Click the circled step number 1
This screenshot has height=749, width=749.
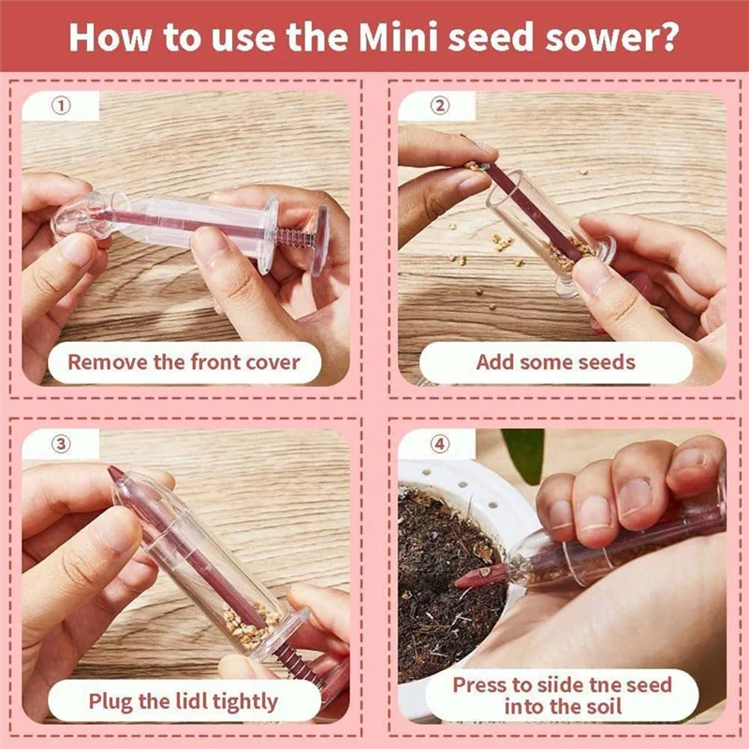pyautogui.click(x=61, y=106)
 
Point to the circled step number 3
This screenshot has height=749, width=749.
pyautogui.click(x=61, y=444)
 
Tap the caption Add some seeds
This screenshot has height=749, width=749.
pyautogui.click(x=555, y=362)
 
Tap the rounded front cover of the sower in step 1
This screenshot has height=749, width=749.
pyautogui.click(x=80, y=214)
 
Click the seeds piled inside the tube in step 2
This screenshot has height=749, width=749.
pyautogui.click(x=576, y=251)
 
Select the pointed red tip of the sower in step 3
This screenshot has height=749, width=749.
pyautogui.click(x=116, y=474)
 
